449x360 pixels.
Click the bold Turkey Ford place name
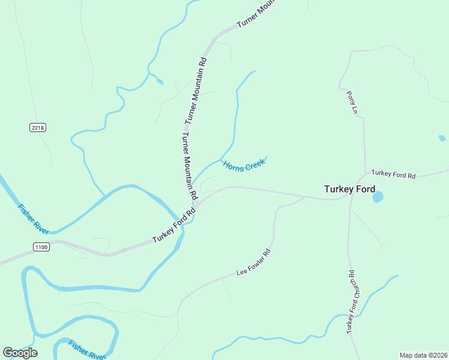point(349,188)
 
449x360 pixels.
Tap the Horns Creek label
point(244,164)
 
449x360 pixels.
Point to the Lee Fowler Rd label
point(254,263)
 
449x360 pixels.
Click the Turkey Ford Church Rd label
point(351,302)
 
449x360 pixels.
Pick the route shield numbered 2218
point(38,128)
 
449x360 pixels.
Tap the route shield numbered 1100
point(41,247)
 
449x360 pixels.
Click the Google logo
point(20,352)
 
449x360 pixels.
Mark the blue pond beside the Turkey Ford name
point(378,196)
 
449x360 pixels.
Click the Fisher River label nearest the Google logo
point(86,349)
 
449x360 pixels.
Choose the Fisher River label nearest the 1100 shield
point(34,219)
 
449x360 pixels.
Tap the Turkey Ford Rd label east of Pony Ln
point(393,175)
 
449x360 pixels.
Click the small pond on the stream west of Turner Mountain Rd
point(159,81)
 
